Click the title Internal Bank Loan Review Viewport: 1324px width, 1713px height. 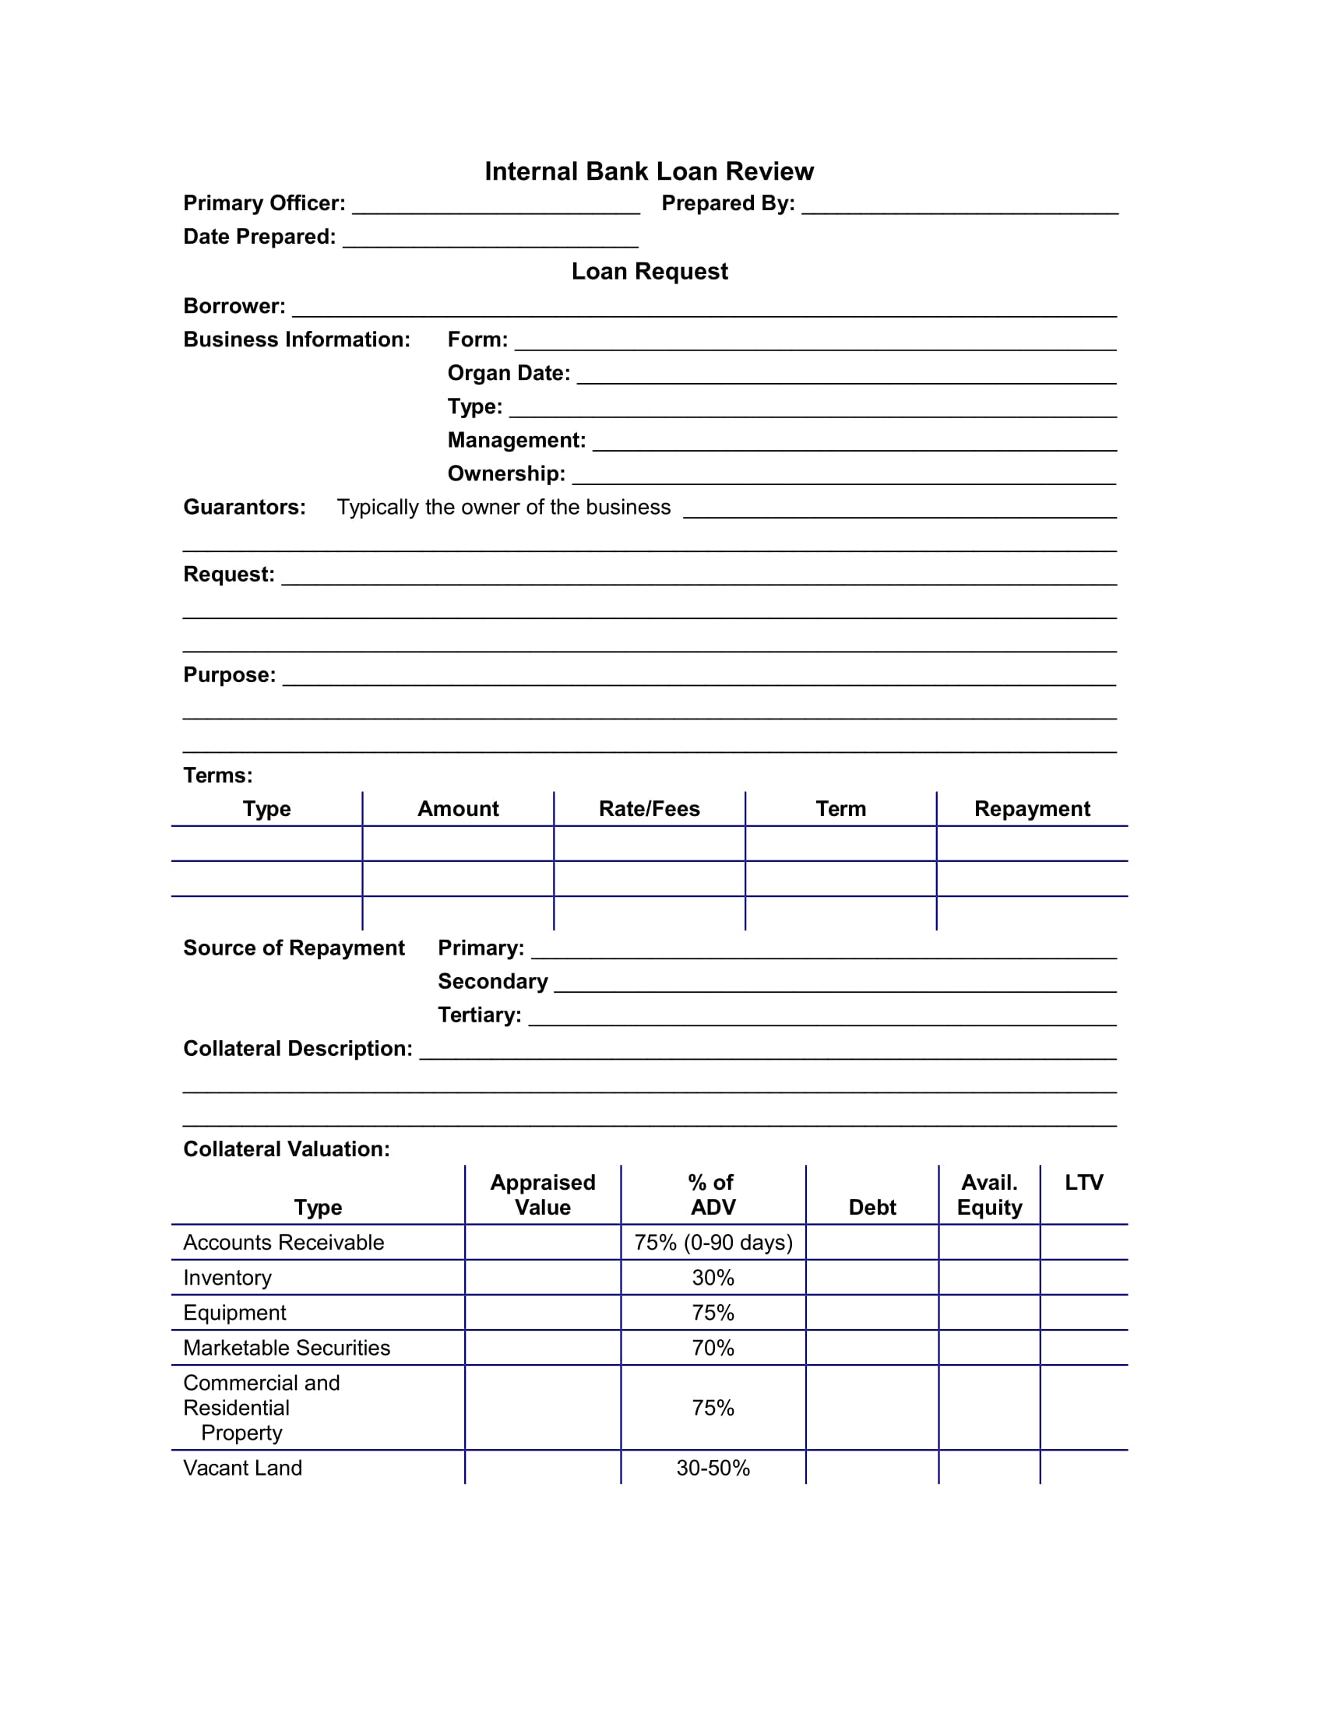pos(649,171)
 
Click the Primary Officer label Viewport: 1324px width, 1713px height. pos(263,203)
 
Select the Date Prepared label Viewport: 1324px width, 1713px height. pos(259,237)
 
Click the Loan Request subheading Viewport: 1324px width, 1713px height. pos(649,272)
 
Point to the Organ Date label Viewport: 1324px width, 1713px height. pos(509,373)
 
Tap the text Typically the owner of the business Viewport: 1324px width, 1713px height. pos(504,508)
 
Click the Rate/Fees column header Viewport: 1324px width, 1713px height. pos(649,809)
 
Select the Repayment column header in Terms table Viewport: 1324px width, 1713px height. pos(1031,809)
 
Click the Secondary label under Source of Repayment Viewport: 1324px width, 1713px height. pos(492,982)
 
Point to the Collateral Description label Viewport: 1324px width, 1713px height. pos(298,1049)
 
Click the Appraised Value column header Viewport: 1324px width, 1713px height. pos(542,1194)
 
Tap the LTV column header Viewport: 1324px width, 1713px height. pos(1083,1183)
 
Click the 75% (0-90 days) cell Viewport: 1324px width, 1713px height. pos(713,1243)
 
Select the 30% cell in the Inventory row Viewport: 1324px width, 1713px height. pos(713,1278)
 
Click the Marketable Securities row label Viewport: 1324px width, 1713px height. pos(287,1348)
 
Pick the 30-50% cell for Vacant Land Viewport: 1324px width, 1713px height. pos(713,1469)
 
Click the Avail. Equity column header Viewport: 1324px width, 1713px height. pos(989,1194)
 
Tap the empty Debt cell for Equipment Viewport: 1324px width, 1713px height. pos(872,1313)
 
